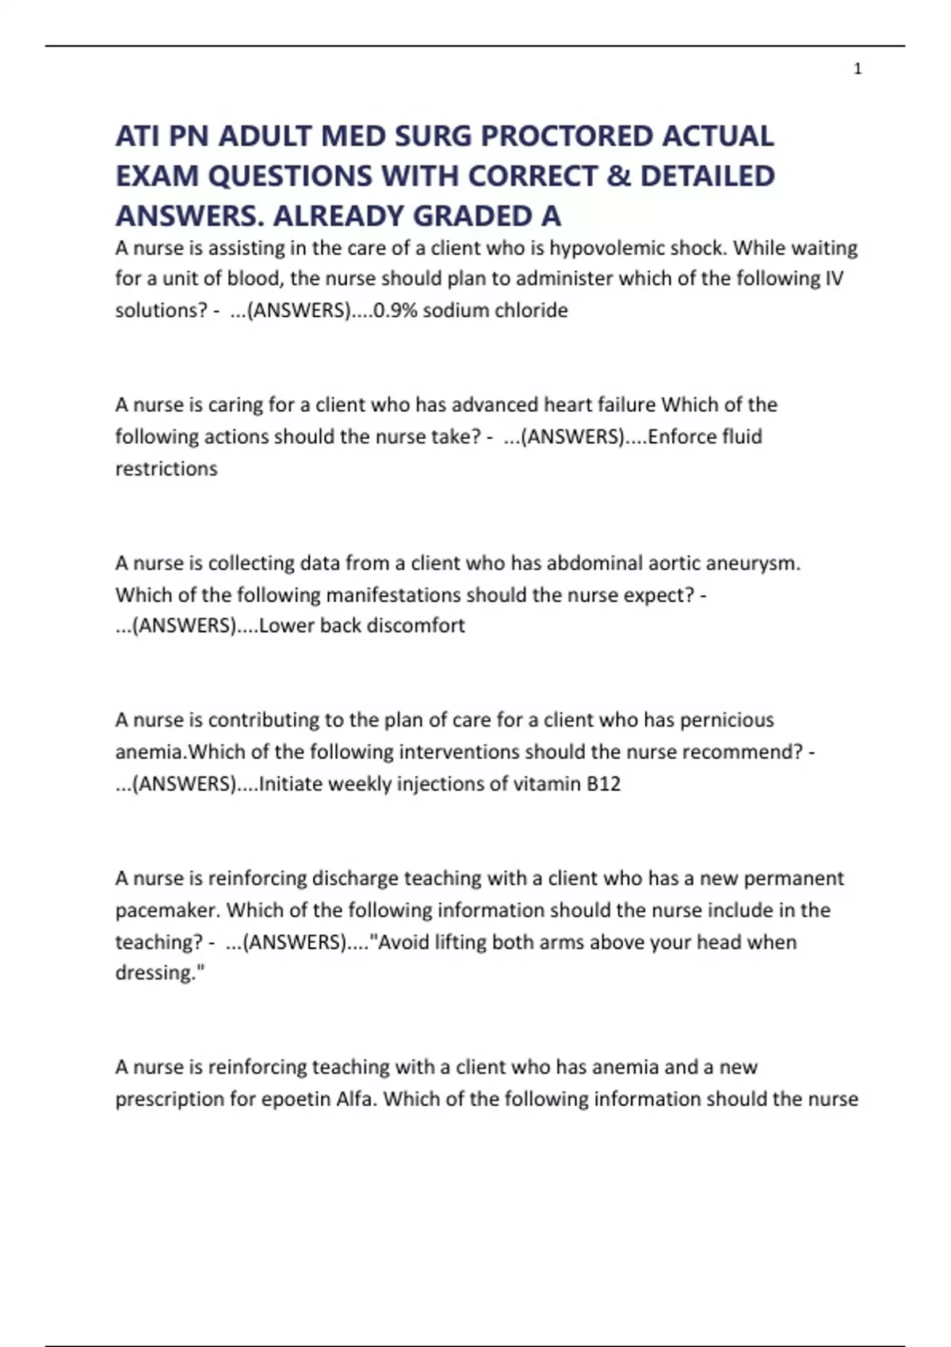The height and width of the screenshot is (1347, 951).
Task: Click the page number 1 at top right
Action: (x=857, y=70)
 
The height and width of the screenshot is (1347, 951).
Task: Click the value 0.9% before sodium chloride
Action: (x=395, y=310)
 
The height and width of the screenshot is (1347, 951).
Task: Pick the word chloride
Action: (x=531, y=310)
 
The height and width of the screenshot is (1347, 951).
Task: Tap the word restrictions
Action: (x=166, y=468)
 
